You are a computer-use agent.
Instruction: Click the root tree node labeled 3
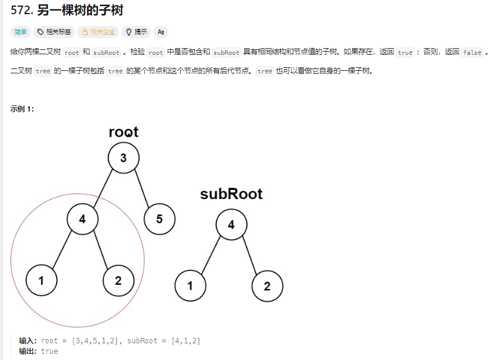123,158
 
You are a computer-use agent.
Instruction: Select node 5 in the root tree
159,219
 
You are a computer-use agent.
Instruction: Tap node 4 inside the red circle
82,219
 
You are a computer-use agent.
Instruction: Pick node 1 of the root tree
41,281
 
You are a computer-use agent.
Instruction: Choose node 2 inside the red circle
118,281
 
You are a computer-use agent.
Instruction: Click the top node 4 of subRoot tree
231,224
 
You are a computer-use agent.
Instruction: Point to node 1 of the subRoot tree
190,286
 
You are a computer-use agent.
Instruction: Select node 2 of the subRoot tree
267,286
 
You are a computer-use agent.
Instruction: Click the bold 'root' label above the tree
123,131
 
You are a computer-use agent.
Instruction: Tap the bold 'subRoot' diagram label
231,194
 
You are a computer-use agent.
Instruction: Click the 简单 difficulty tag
20,32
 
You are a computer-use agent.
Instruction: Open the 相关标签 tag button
54,32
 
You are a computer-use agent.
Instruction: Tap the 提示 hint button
136,32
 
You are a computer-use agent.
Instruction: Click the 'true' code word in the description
405,52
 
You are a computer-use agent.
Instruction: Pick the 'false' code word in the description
472,52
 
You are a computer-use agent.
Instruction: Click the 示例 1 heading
22,109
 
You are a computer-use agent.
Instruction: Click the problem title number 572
22,10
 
